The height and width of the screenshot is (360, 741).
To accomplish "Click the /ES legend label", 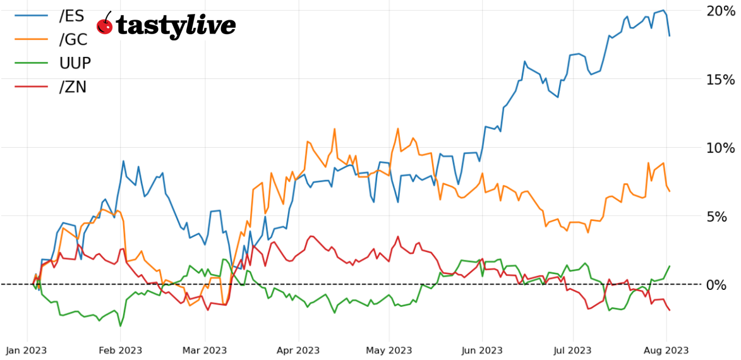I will coord(71,16).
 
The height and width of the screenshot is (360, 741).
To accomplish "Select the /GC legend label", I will coord(73,39).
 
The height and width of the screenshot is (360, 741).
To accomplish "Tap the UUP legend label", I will coord(75,63).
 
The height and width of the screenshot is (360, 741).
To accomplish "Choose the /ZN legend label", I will coord(73,87).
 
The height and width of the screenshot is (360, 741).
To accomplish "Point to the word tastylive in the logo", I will coord(176,26).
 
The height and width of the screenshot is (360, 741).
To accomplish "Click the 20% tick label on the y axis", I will coord(721,11).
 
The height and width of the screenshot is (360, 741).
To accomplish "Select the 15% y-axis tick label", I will coord(721,80).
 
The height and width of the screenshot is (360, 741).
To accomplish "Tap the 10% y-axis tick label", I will coord(721,148).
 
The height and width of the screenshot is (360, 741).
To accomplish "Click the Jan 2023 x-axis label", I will coord(27,350).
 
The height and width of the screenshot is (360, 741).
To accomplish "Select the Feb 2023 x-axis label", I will coord(120,350).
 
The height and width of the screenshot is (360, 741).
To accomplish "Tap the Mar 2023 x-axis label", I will coord(205,350).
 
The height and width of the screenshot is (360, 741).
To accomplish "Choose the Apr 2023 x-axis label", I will coord(298,350).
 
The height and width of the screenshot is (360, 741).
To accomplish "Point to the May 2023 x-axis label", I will coord(389,350).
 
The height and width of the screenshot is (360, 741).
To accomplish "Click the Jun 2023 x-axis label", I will coord(483,350).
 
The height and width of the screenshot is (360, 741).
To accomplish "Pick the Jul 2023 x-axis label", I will coord(573,350).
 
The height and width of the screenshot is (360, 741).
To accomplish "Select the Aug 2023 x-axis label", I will coord(666,350).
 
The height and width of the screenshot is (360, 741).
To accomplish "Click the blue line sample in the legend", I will coord(32,16).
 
